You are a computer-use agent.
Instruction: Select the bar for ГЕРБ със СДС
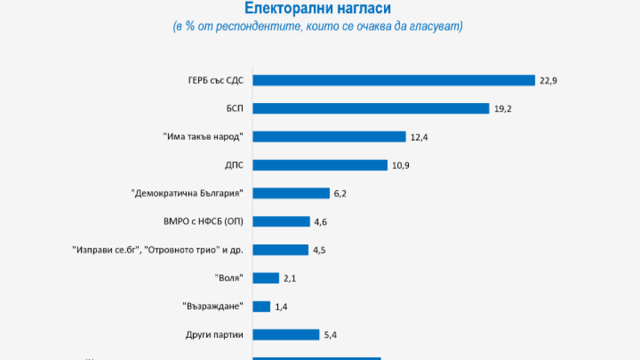click(394, 80)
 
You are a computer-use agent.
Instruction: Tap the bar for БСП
click(371, 108)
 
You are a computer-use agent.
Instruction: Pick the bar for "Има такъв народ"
click(329, 136)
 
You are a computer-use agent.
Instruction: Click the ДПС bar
click(320, 165)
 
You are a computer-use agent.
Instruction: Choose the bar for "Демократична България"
click(291, 193)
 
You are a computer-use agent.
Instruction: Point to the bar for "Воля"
click(265, 278)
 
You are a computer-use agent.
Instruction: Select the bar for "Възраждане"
click(261, 307)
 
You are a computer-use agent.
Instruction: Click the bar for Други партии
click(286, 335)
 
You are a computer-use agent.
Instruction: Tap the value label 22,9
click(548, 80)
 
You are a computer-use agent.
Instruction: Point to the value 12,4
click(419, 137)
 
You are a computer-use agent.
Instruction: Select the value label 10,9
click(400, 165)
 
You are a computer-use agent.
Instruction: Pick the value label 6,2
click(340, 194)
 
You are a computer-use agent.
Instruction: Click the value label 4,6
click(320, 222)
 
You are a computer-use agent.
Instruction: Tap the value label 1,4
click(281, 307)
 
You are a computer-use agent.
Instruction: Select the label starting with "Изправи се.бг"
click(158, 250)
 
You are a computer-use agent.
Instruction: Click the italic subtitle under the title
click(318, 27)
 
